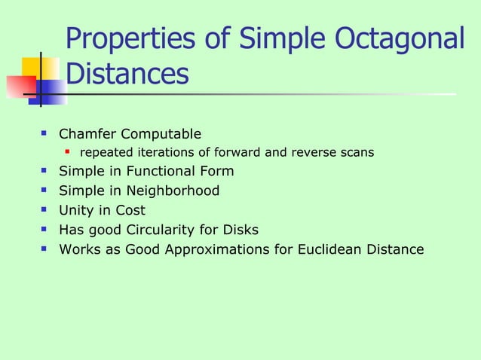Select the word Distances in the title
pos(127,75)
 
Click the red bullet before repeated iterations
pos(68,153)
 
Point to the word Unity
pos(77,211)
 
